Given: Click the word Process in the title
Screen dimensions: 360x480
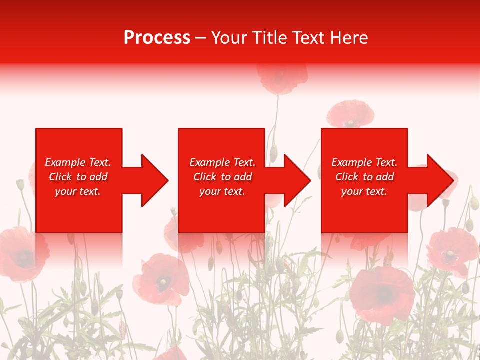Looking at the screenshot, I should (157, 38).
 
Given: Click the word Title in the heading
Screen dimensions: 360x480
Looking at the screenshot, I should (270, 38).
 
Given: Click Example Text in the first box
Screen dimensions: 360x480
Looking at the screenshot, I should (78, 162).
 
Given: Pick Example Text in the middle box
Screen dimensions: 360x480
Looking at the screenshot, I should (222, 162).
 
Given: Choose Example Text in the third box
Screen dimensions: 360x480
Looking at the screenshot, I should (364, 162).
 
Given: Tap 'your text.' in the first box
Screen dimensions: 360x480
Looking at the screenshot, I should (78, 191).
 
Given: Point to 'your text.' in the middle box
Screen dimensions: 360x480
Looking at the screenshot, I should (222, 191).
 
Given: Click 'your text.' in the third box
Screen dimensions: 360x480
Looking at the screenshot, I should (364, 191).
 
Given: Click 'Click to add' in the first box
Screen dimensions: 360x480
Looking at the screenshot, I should (78, 177).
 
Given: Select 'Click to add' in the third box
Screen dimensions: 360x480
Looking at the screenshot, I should (364, 177).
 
